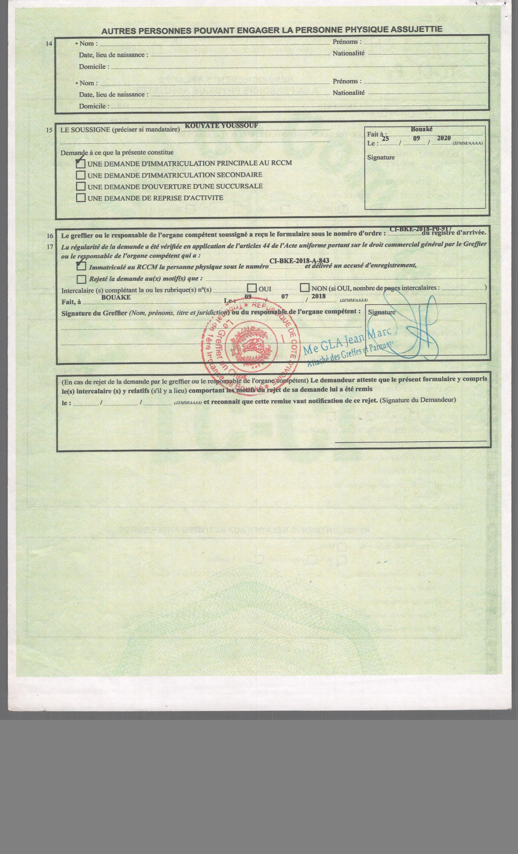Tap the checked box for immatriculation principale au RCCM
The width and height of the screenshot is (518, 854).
[x=81, y=164]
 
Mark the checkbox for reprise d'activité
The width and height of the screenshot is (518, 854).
[x=81, y=198]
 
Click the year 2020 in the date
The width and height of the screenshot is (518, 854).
[x=444, y=138]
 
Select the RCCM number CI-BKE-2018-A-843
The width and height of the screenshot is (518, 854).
[x=299, y=261]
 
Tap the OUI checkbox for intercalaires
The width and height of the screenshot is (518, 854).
[x=252, y=288]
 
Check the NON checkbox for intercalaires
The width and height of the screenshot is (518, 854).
[x=305, y=288]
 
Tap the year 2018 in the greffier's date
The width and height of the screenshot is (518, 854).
[x=319, y=296]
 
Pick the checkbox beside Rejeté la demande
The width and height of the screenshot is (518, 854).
[x=82, y=279]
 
